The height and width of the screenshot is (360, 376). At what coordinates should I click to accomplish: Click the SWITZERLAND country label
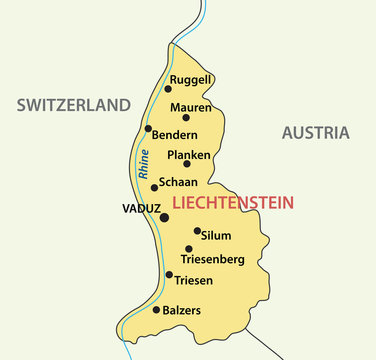[x=73, y=105]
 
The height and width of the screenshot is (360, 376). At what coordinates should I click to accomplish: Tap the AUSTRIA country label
[x=315, y=132]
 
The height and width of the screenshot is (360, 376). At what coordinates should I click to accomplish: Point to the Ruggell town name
[x=190, y=79]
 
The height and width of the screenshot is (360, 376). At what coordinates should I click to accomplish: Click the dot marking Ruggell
[x=167, y=88]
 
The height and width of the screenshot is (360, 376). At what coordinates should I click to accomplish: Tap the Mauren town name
[x=190, y=106]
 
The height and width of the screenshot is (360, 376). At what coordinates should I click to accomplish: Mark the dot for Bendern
[x=148, y=128]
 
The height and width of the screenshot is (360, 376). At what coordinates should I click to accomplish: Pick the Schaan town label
[x=178, y=182]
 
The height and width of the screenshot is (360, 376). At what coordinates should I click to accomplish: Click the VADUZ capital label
[x=140, y=209]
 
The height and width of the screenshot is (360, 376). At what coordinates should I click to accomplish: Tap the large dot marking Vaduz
[x=164, y=216]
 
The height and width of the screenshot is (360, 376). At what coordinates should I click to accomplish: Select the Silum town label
[x=215, y=236]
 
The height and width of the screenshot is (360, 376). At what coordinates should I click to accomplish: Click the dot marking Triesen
[x=168, y=274]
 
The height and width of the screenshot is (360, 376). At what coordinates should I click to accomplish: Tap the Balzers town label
[x=183, y=310]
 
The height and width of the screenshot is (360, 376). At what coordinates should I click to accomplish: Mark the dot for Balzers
[x=156, y=310]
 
